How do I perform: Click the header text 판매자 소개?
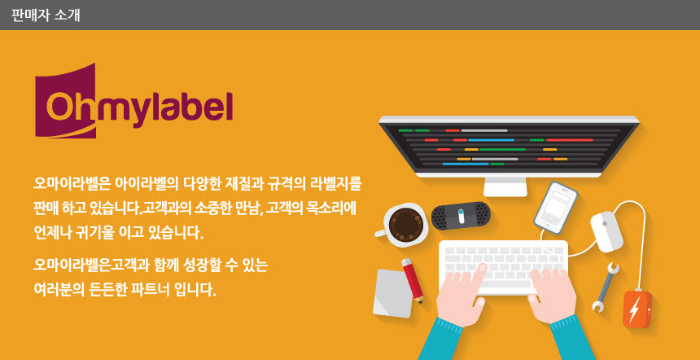pyautogui.click(x=45, y=15)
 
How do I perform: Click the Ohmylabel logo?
pyautogui.click(x=133, y=101)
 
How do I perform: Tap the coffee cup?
pyautogui.click(x=401, y=225)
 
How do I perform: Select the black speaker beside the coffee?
pyautogui.click(x=462, y=216)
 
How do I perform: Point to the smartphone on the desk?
pyautogui.click(x=555, y=207)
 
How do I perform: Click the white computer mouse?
pyautogui.click(x=606, y=232)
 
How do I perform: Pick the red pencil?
pyautogui.click(x=413, y=281)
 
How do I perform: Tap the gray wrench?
pyautogui.click(x=605, y=287)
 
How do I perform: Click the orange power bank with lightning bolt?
pyautogui.click(x=637, y=309)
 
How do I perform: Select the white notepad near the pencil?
pyautogui.click(x=392, y=293)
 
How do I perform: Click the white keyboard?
pyautogui.click(x=504, y=267)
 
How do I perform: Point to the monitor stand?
pyautogui.click(x=505, y=187)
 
